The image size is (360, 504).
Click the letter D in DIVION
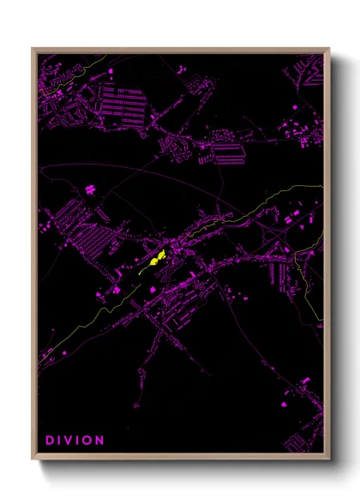(50, 441)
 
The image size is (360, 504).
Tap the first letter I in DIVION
(61, 441)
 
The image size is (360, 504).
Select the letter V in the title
(71, 441)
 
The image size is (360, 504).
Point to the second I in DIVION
(81, 441)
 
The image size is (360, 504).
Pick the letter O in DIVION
(90, 441)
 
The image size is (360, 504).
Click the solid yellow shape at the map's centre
(156, 259)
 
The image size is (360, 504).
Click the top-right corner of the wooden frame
(328, 49)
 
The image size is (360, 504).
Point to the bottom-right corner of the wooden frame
(328, 458)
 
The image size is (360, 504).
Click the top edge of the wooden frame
(180, 49)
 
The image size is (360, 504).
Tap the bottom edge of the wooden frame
(180, 457)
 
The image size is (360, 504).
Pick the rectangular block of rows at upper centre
(226, 153)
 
